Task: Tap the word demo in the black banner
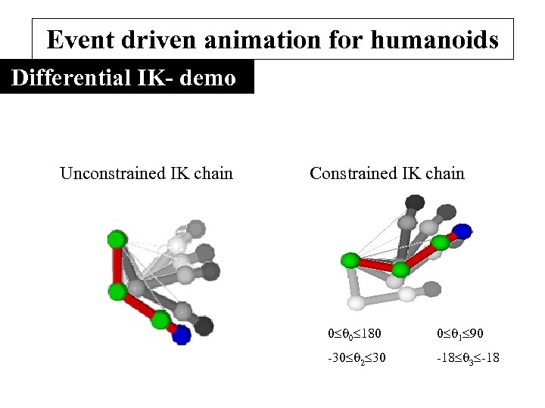(207, 78)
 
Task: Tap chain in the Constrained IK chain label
(445, 174)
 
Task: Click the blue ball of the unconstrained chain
(180, 335)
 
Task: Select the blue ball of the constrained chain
(462, 231)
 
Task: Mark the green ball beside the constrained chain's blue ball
(440, 243)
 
